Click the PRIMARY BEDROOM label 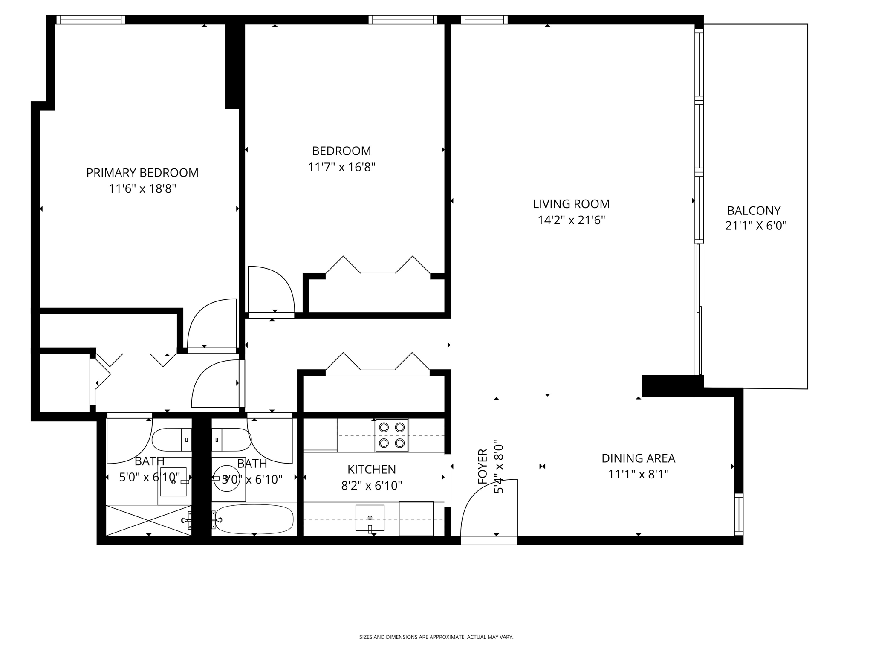pos(142,173)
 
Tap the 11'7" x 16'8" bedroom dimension pos(341,167)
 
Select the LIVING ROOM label pos(571,204)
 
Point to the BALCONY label pos(754,211)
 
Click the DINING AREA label pos(638,458)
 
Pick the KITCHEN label pos(371,470)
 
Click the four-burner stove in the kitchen pos(392,435)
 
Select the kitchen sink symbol pos(370,518)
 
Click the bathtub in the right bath pos(254,519)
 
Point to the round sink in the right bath pos(226,478)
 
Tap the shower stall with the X pos(148,520)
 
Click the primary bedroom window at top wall pos(91,20)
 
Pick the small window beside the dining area pos(739,514)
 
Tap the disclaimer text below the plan pos(436,637)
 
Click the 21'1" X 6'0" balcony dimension pos(755,226)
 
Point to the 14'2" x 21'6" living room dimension pos(571,220)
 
